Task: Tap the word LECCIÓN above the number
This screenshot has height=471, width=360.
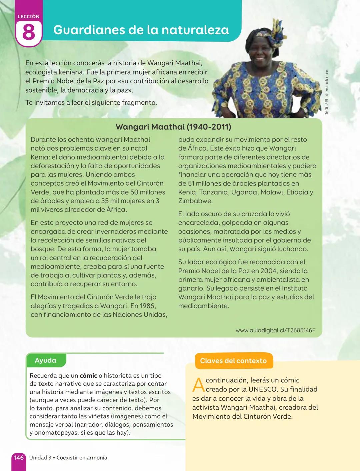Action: coord(28,16)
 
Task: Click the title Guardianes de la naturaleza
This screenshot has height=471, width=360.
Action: coord(141,30)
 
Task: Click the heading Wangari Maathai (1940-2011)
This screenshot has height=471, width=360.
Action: coord(173,127)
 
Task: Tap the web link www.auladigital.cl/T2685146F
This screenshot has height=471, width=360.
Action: coord(275,330)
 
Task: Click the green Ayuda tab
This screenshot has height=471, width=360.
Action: coord(45,360)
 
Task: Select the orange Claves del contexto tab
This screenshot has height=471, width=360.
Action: coord(233,361)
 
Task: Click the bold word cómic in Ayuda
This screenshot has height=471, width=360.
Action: coord(88,376)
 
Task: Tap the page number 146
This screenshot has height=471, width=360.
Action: coord(18,457)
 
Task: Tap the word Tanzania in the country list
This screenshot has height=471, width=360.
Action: coord(214,192)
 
